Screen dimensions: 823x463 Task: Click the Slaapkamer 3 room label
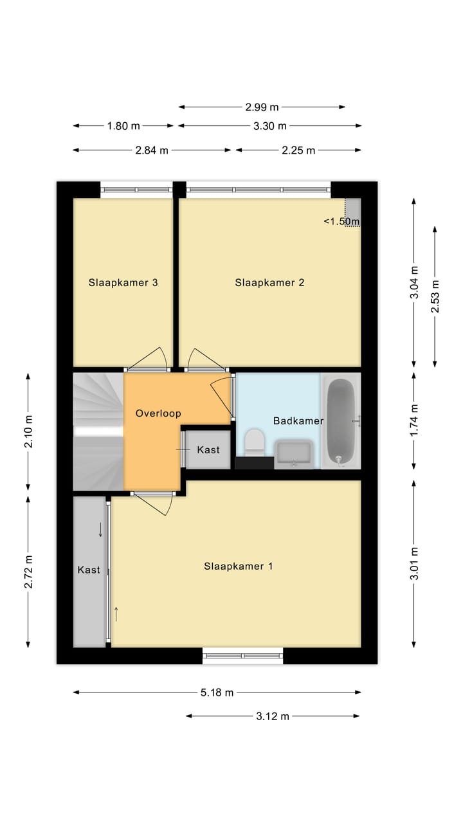[x=123, y=282]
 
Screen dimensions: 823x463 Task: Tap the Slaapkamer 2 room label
[x=269, y=282]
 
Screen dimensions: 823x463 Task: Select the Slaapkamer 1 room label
[x=239, y=566]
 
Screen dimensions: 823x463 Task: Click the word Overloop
[x=158, y=413]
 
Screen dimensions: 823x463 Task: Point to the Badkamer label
[x=298, y=421]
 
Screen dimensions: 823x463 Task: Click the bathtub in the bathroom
[x=340, y=421]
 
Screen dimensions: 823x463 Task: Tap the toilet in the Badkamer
[x=255, y=443]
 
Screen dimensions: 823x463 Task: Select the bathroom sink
[x=294, y=454]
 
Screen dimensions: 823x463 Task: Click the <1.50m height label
[x=341, y=221]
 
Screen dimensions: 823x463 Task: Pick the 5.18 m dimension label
[x=217, y=692]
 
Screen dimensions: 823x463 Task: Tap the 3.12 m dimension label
[x=273, y=716]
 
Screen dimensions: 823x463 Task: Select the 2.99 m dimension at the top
[x=262, y=107]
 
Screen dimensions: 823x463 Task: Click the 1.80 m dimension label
[x=123, y=126]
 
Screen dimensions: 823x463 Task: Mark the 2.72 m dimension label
[x=28, y=572]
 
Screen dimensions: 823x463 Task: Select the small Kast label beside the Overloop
[x=208, y=449]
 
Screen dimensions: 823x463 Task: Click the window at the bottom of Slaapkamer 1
[x=243, y=656]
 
